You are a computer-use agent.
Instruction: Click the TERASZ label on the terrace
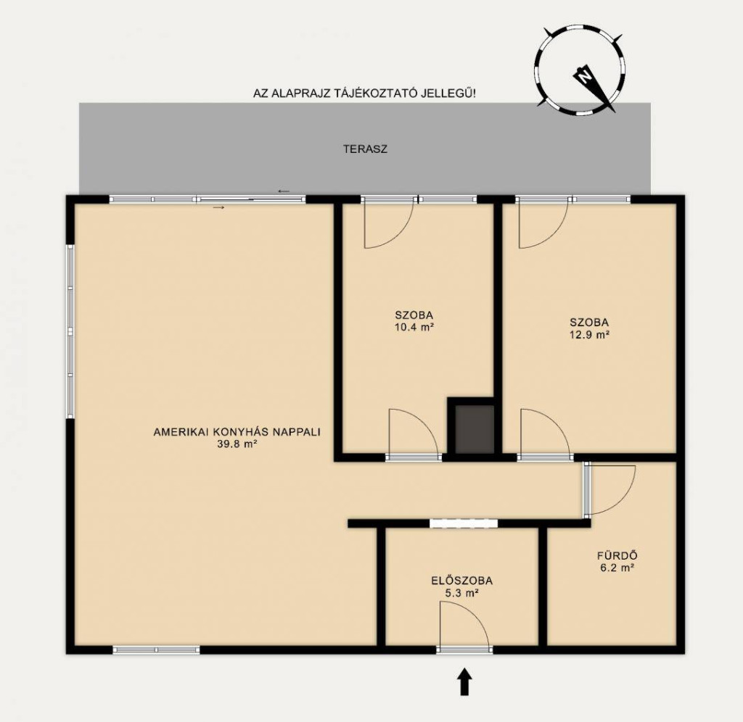pyautogui.click(x=365, y=149)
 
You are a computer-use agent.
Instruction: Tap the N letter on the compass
pyautogui.click(x=586, y=75)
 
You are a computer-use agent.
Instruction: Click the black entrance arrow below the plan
pyautogui.click(x=464, y=681)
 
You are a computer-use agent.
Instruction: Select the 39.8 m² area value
pyautogui.click(x=237, y=444)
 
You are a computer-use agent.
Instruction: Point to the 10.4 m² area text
pyautogui.click(x=414, y=327)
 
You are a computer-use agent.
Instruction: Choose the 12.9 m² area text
pyautogui.click(x=589, y=335)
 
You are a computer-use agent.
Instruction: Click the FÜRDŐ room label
pyautogui.click(x=617, y=556)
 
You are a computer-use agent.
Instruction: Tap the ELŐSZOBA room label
pyautogui.click(x=462, y=581)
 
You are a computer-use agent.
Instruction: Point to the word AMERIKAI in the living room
pyautogui.click(x=181, y=432)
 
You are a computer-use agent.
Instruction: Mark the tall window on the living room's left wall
pyautogui.click(x=70, y=331)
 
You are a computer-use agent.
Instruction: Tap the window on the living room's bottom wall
pyautogui.click(x=157, y=650)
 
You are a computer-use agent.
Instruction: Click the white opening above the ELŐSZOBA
pyautogui.click(x=464, y=523)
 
